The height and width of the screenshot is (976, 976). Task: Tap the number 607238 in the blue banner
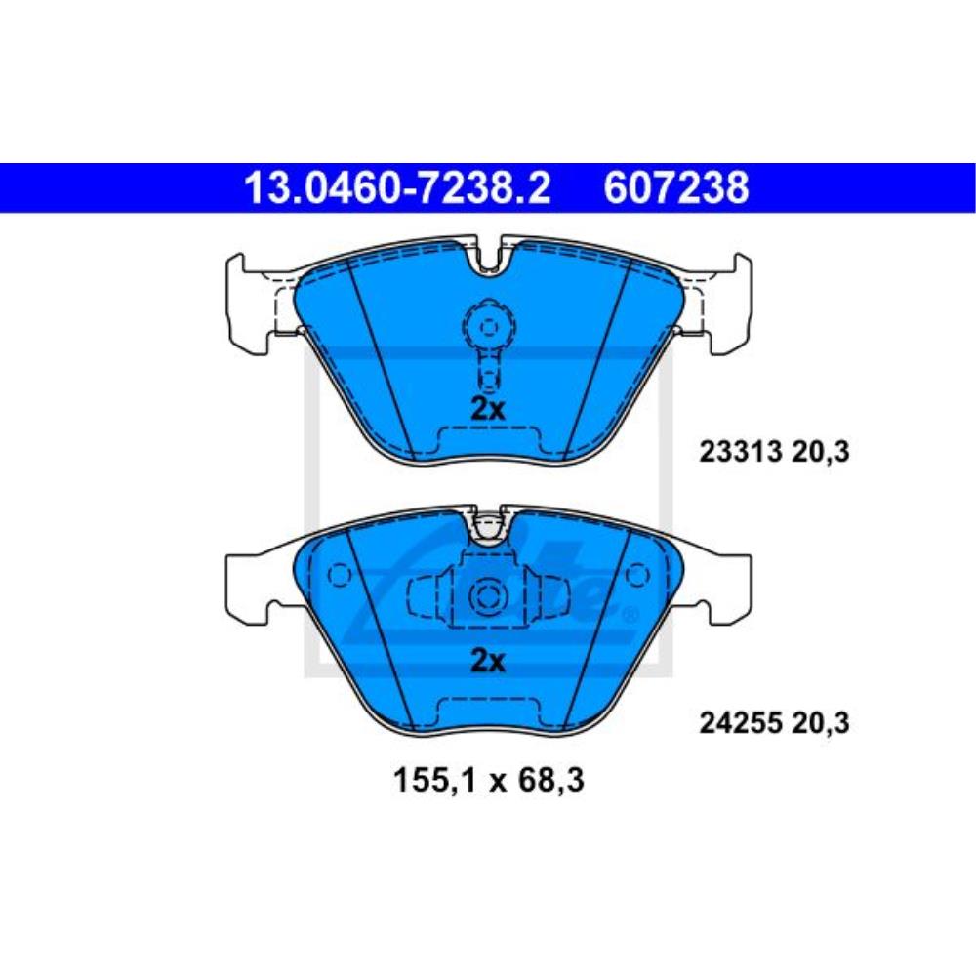pyautogui.click(x=676, y=187)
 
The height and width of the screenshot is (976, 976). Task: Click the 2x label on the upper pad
pyautogui.click(x=487, y=409)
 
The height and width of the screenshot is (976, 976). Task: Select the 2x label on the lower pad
pyautogui.click(x=487, y=661)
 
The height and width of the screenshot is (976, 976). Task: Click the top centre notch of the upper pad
pyautogui.click(x=491, y=256)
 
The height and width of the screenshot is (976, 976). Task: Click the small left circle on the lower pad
pyautogui.click(x=339, y=574)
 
